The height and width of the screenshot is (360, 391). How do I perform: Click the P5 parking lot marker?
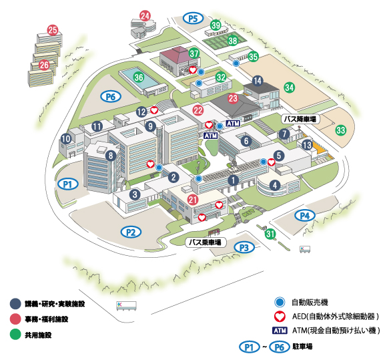[193, 18]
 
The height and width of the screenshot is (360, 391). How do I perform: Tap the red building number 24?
[145, 16]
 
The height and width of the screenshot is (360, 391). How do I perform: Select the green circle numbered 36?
[139, 77]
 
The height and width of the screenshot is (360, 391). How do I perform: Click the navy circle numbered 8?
[111, 156]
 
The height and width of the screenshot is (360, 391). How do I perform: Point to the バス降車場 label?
[300, 119]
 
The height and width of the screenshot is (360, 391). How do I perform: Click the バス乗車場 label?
[205, 242]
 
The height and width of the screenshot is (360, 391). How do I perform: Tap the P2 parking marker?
[131, 232]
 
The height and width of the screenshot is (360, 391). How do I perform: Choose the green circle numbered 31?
[270, 234]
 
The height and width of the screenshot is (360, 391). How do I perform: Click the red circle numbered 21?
[193, 200]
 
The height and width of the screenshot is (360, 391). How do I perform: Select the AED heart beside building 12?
[154, 110]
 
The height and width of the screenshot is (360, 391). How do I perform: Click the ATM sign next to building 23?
[233, 123]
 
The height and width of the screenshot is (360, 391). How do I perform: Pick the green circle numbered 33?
[341, 130]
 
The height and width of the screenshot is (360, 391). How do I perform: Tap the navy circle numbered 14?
[258, 81]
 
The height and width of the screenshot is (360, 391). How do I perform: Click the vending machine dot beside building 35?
[236, 63]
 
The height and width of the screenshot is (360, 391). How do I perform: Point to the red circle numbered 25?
[53, 30]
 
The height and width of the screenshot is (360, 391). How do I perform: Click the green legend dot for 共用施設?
[15, 335]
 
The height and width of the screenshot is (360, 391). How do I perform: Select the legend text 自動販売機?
[310, 303]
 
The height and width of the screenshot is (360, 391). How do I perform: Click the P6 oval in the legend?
[280, 347]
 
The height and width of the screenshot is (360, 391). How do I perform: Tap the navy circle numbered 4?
[275, 185]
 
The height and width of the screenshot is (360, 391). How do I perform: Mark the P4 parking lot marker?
[305, 216]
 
